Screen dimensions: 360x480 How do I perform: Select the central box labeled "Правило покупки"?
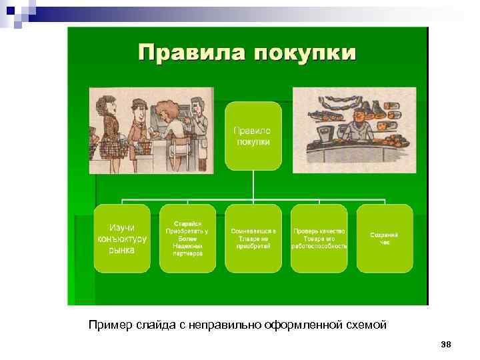(x=253, y=135)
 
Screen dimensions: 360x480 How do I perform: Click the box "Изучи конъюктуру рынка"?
(x=121, y=238)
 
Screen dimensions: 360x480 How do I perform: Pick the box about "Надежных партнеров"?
(x=187, y=238)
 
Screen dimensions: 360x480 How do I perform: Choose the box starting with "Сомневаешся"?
(x=253, y=238)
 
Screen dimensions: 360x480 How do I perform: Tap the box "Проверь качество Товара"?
(x=319, y=238)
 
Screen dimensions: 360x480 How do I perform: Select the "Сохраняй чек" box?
(x=385, y=238)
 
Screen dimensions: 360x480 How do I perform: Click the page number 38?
(x=446, y=344)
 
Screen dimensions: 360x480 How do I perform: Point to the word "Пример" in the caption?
(x=109, y=325)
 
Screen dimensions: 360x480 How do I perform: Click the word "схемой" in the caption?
(x=367, y=325)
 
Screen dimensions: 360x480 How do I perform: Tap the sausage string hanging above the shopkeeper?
(x=347, y=102)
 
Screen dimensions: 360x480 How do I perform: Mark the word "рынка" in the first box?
(x=121, y=250)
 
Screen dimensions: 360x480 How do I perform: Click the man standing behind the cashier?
(x=197, y=117)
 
